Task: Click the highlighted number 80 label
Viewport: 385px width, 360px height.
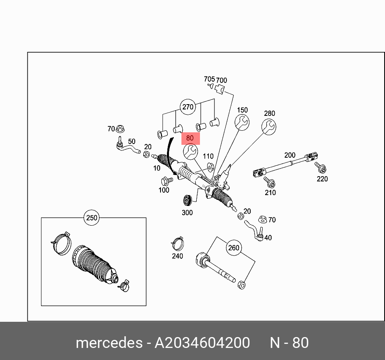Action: (x=190, y=138)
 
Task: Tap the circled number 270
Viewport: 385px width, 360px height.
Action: (x=188, y=107)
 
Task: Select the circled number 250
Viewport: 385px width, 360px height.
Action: (x=91, y=218)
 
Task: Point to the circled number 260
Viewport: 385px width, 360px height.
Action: (x=233, y=248)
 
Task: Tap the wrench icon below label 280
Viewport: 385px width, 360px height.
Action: (x=269, y=128)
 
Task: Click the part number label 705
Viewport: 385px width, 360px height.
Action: (x=209, y=79)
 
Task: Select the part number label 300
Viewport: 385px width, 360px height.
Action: (x=187, y=213)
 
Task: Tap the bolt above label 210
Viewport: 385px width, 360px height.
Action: (x=270, y=183)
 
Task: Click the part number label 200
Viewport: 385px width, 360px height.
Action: (x=290, y=155)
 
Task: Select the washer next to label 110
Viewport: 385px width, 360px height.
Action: (x=210, y=166)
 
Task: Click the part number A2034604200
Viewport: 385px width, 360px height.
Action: (x=202, y=343)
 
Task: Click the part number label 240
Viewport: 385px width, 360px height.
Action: (x=177, y=256)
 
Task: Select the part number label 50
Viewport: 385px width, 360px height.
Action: (x=132, y=142)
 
